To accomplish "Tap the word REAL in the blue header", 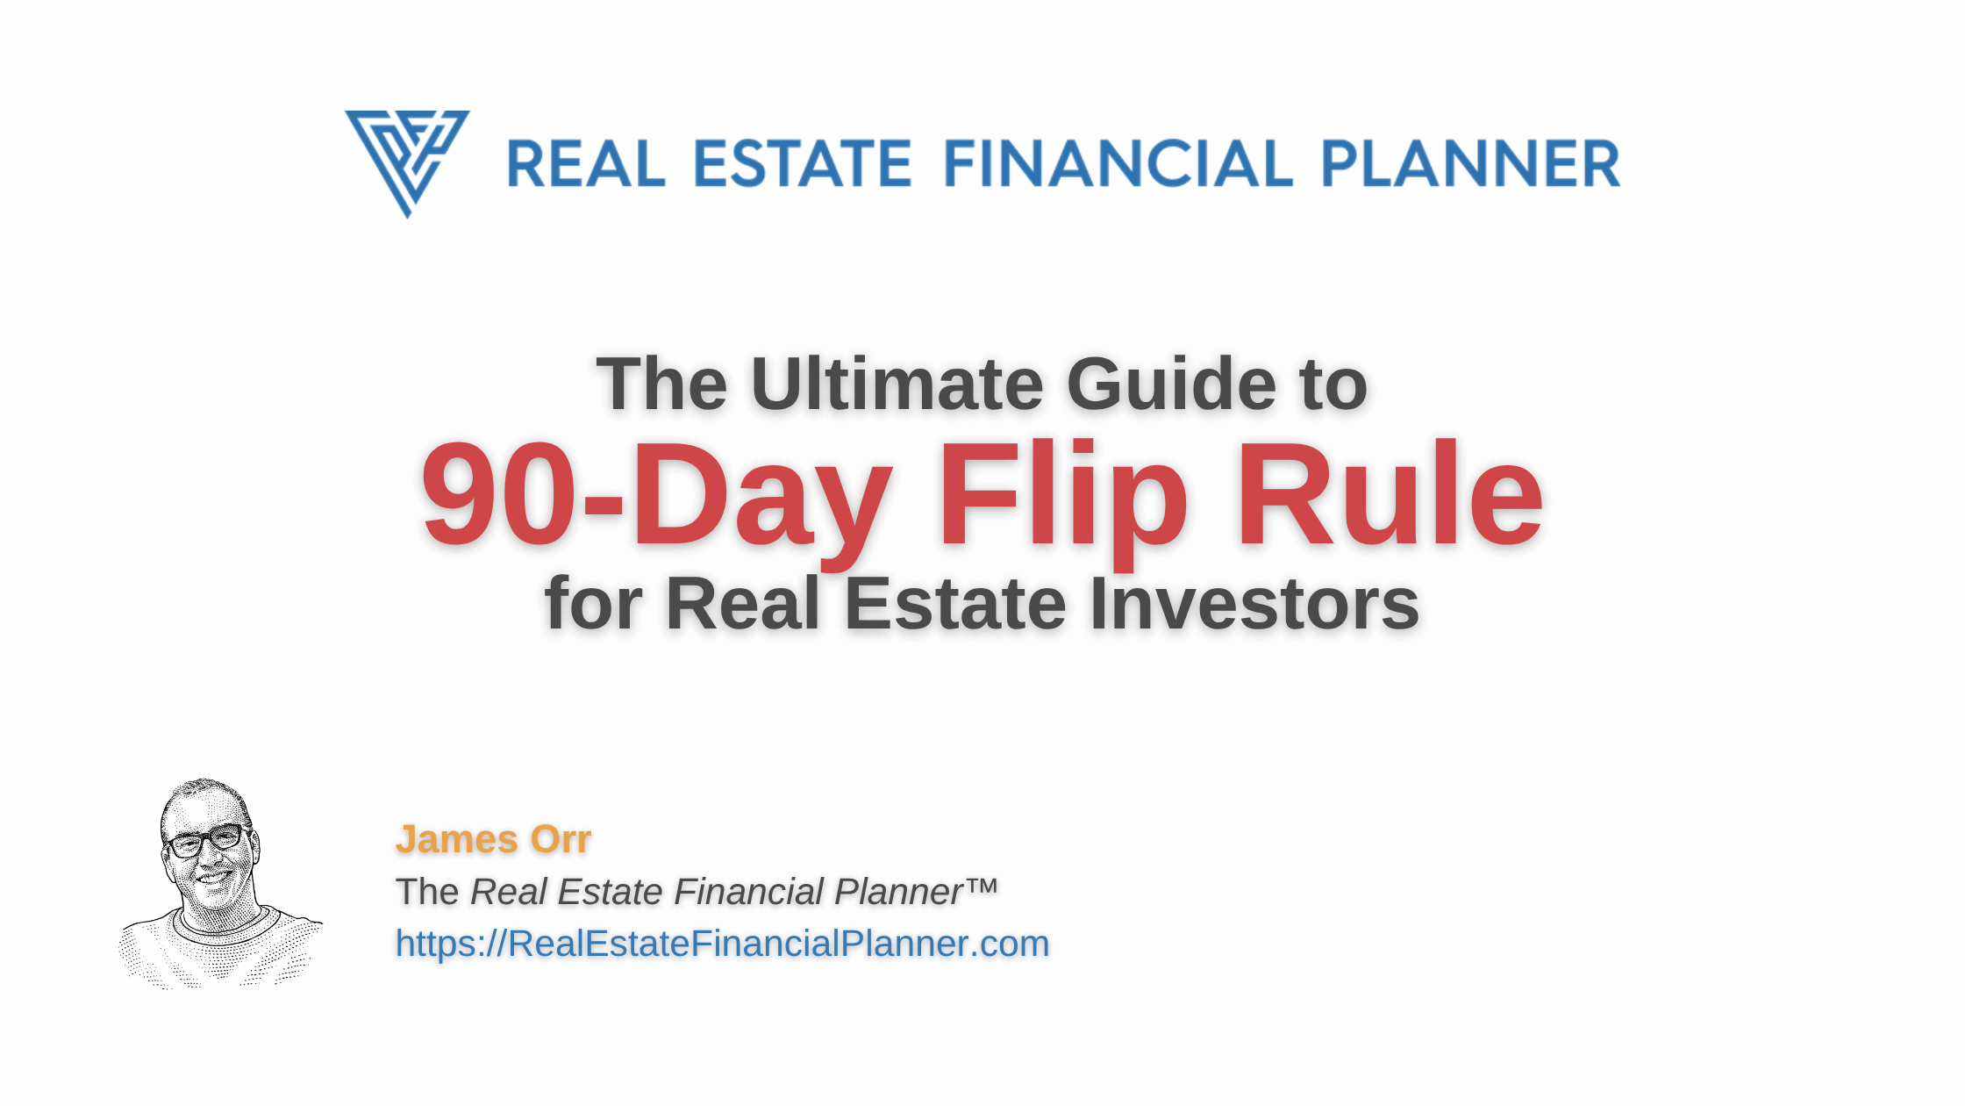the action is pos(586,163).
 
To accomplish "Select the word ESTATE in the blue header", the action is pos(803,163).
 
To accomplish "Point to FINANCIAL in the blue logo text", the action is pos(1118,163).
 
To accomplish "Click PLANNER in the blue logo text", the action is pos(1470,163).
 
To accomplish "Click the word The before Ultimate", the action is pos(661,384).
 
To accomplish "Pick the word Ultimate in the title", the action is pos(897,384).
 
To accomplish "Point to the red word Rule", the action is pos(1389,493).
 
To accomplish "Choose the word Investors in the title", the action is pos(1254,603).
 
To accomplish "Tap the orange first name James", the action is pos(456,839).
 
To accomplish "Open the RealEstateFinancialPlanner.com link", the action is pos(722,944).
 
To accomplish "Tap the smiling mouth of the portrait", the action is pos(215,875).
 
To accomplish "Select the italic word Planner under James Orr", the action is pos(899,892).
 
